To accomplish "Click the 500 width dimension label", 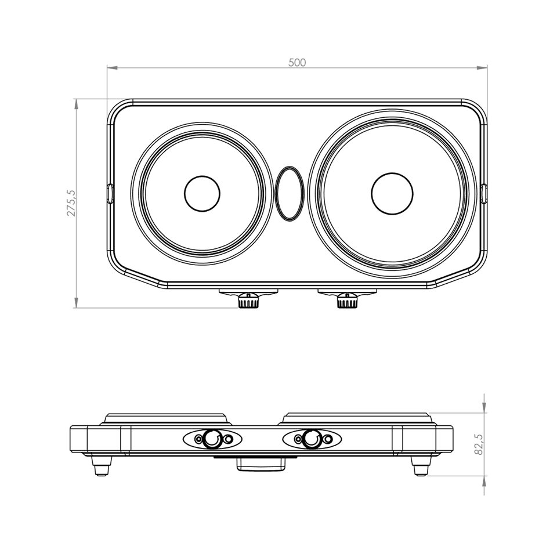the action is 297,63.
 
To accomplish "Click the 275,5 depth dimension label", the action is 71,203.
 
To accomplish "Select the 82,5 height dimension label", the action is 479,444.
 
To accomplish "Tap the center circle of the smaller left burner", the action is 202,194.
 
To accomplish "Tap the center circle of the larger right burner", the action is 392,194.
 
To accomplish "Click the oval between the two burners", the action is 290,194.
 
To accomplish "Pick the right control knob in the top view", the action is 348,301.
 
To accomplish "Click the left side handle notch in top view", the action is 110,194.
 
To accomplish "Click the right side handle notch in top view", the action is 484,194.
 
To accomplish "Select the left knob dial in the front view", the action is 212,439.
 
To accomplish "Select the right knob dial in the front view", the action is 312,439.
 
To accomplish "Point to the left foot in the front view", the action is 102,466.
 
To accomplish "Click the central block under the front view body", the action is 261,464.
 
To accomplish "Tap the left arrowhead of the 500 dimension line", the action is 112,67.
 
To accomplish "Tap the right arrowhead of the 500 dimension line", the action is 482,67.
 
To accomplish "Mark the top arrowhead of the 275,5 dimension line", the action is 75,104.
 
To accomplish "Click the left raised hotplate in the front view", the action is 166,418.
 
